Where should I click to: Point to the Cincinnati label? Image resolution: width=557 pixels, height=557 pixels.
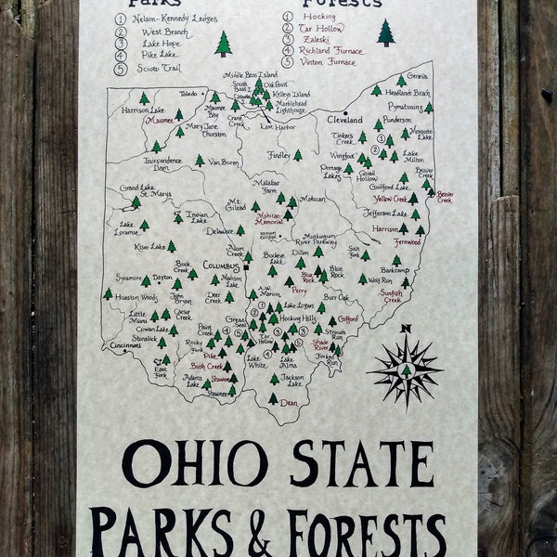click(129, 345)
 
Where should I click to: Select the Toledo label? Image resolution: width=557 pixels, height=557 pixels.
click(189, 94)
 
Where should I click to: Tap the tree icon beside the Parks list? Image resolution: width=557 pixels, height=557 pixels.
click(223, 43)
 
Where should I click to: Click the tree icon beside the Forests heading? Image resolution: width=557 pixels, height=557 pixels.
click(385, 32)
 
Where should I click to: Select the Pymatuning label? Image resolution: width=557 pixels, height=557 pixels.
click(406, 107)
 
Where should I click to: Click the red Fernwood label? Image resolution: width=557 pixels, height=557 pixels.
click(406, 241)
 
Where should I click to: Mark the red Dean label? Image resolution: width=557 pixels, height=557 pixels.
click(289, 403)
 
